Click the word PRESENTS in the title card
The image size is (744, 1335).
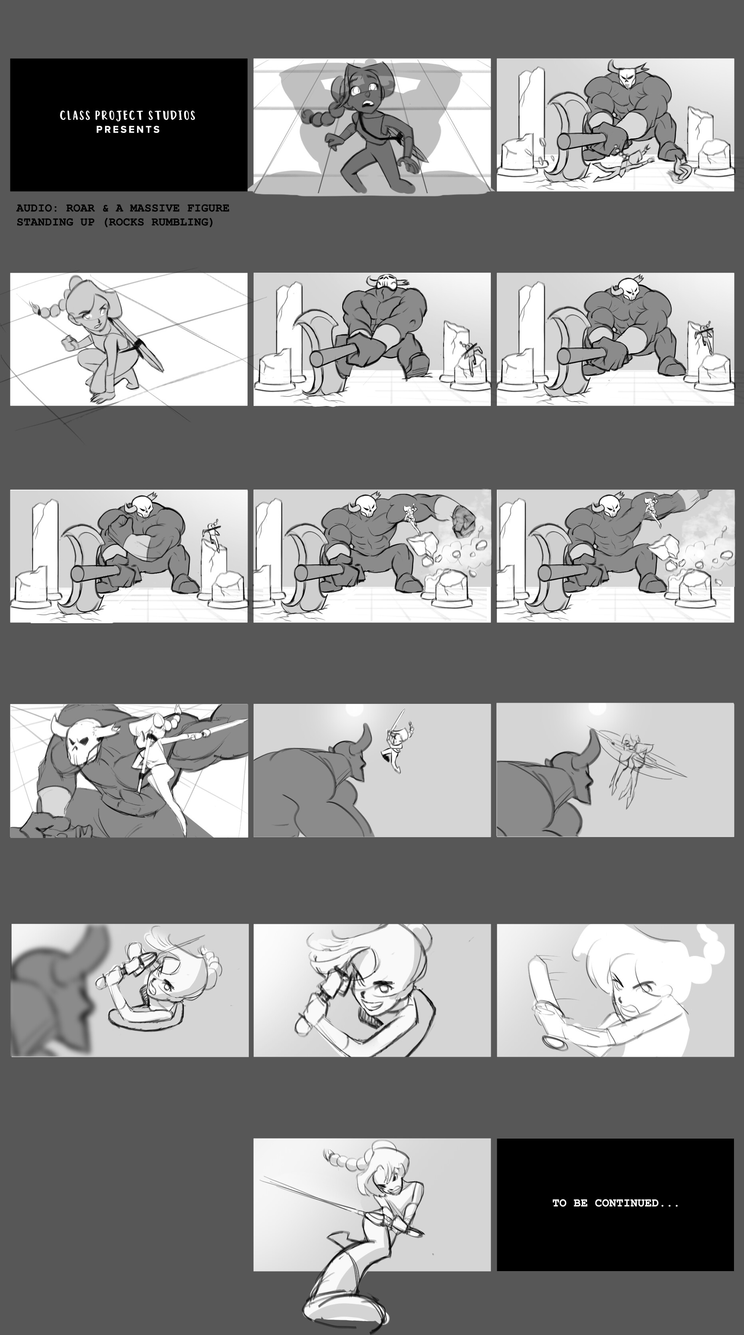click(x=128, y=130)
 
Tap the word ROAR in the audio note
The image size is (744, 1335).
click(x=80, y=208)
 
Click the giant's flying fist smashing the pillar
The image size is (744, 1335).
click(x=463, y=520)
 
